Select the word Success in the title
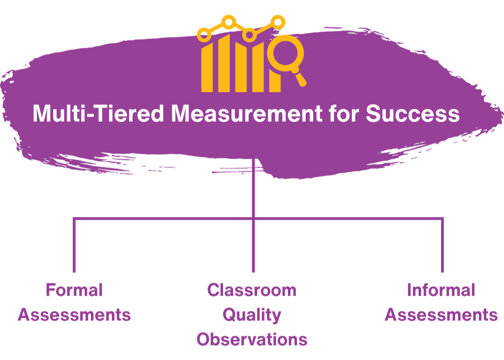413,114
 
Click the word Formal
74,290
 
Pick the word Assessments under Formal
74,315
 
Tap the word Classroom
252,290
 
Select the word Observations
252,339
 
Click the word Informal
441,290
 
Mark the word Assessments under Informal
441,315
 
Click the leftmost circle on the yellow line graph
203,34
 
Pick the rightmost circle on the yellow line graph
278,21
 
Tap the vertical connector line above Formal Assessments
74,245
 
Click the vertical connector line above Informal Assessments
442,245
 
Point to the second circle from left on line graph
229,21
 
